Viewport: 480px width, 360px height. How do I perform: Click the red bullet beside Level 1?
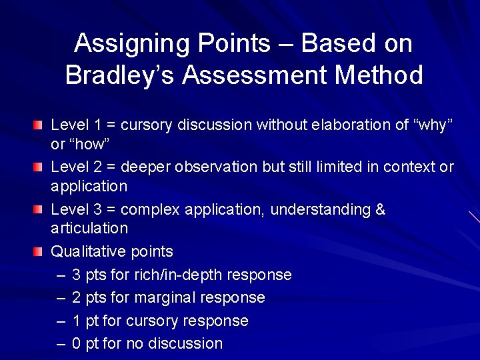pos(39,125)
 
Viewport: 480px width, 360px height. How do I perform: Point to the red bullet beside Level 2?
pos(39,167)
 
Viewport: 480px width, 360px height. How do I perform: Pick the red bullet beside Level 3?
pos(39,209)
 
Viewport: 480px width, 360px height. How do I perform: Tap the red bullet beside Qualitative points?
pos(39,252)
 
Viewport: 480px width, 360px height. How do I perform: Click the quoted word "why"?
pos(434,125)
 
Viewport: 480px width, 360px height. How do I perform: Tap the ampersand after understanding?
pos(381,209)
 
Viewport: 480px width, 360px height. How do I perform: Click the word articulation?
pos(89,228)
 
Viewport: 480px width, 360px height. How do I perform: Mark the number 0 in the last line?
pos(76,344)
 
